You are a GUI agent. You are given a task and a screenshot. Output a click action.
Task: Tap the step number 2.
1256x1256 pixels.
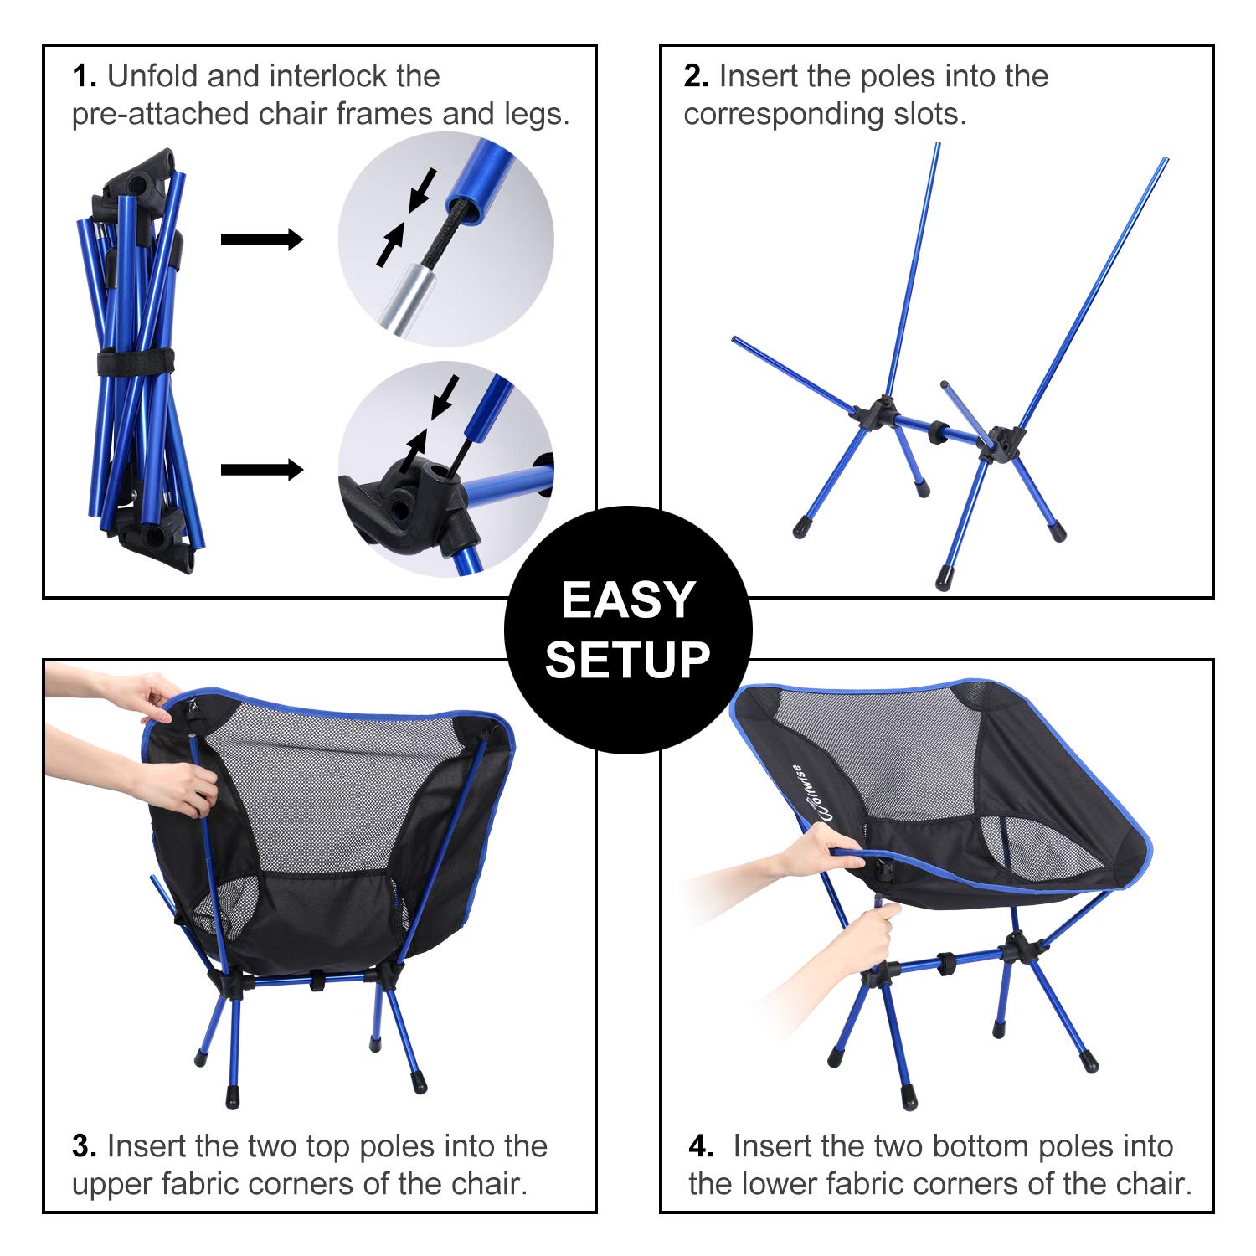696,77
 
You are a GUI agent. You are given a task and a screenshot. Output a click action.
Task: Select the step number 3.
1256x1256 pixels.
84,1146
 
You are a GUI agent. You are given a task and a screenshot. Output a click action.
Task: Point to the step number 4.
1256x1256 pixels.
701,1146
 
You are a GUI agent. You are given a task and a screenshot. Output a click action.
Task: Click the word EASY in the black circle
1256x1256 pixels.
628,600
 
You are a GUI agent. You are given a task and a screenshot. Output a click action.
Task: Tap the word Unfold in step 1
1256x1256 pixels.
153,77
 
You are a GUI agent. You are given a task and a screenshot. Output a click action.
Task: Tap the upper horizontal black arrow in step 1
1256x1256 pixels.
261,239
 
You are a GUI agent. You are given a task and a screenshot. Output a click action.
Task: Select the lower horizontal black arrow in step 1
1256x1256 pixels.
261,470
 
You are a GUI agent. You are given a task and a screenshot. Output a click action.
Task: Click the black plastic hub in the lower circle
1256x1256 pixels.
410,502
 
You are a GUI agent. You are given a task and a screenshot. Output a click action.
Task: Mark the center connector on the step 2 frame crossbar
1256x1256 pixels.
939,432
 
